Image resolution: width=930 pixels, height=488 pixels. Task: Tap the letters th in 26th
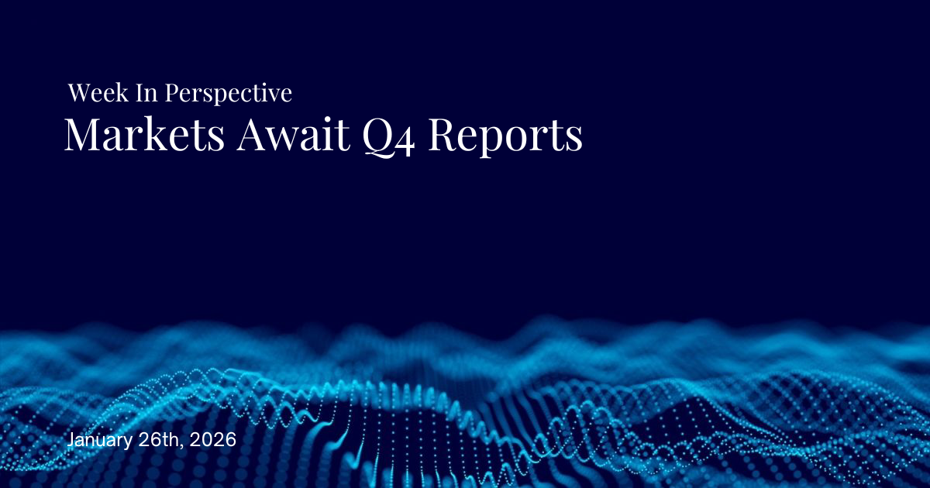(x=172, y=438)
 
